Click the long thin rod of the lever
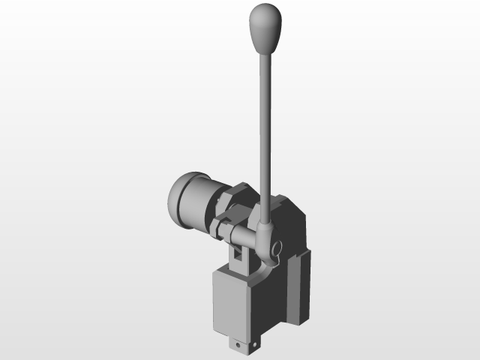point(265,127)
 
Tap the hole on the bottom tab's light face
point(239,346)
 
